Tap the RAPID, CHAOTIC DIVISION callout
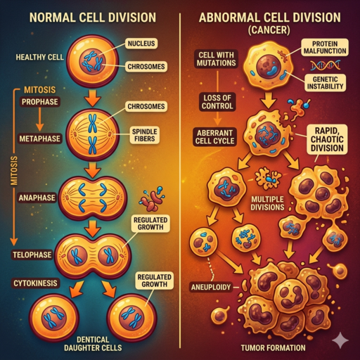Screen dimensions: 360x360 pos(328,137)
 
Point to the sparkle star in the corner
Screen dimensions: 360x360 pos(340,340)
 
